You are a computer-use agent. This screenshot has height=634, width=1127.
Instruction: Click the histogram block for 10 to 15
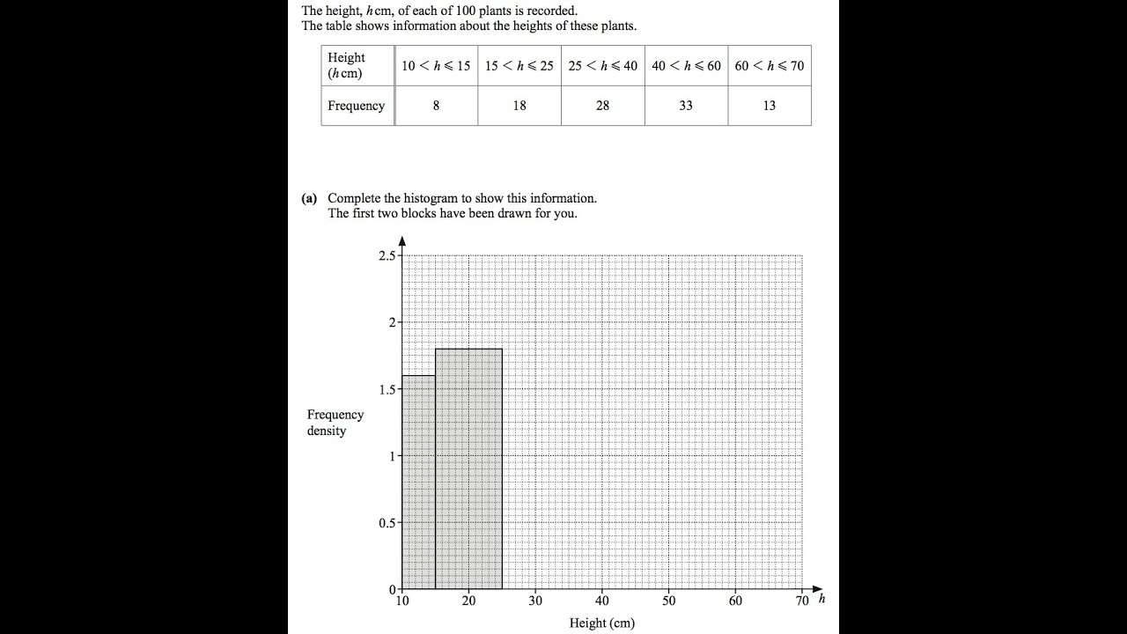[x=418, y=483]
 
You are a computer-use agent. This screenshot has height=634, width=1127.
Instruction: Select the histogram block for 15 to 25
[x=468, y=469]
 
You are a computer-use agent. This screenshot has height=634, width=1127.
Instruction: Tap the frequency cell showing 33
[x=686, y=106]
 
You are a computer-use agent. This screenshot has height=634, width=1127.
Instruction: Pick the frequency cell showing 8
[x=436, y=106]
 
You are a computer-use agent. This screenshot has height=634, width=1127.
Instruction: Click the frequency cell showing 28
[x=602, y=106]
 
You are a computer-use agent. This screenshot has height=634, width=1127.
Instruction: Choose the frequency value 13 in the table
[x=769, y=106]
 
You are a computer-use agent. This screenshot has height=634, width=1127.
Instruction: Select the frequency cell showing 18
[x=519, y=106]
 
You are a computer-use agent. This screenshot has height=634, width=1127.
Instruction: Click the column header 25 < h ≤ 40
[x=602, y=66]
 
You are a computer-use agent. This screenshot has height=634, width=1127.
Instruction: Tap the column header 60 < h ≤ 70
[x=769, y=66]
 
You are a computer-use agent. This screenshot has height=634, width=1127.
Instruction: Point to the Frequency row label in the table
[x=356, y=106]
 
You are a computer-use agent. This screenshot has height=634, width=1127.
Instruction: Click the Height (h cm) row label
[x=346, y=65]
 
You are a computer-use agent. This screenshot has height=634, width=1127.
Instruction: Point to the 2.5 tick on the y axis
[x=387, y=255]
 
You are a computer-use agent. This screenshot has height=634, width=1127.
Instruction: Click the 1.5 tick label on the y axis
[x=387, y=389]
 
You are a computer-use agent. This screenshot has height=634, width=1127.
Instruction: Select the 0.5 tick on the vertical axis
[x=387, y=522]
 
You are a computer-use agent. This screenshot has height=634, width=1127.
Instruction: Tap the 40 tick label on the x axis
[x=601, y=601]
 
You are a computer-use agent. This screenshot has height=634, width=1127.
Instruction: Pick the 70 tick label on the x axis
[x=801, y=601]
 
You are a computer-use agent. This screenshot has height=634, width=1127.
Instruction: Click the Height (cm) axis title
[x=601, y=623]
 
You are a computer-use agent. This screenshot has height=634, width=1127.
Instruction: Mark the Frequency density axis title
[x=335, y=423]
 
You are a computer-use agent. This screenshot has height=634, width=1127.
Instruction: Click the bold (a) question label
[x=309, y=198]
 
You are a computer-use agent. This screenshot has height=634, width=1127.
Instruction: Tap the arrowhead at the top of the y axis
[x=401, y=240]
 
